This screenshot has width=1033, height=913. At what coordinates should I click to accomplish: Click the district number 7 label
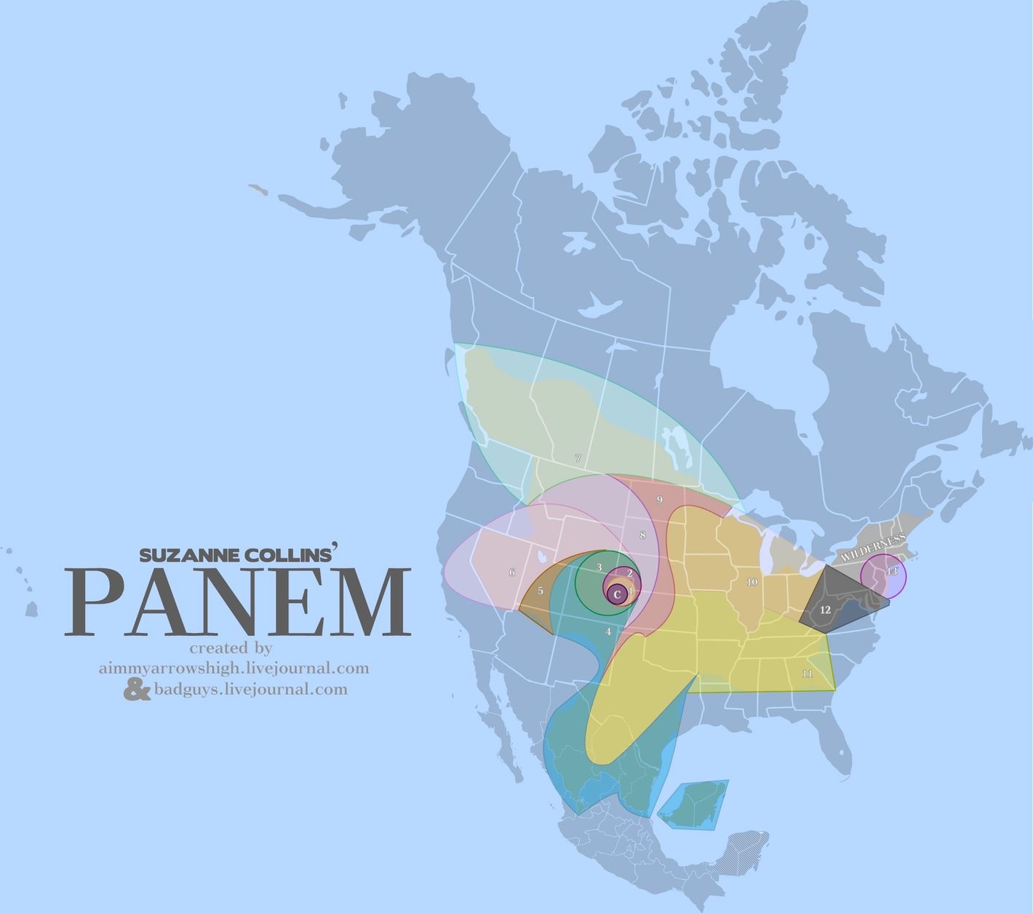click(578, 458)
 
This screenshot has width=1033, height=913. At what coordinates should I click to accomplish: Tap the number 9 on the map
click(659, 500)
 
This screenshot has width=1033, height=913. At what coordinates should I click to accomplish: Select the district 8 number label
click(642, 535)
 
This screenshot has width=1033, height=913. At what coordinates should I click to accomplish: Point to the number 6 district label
click(512, 573)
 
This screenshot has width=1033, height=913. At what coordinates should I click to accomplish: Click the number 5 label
click(540, 591)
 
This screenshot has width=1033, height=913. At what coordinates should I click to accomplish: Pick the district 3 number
click(599, 567)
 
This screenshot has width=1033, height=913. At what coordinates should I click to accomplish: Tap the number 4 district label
click(608, 631)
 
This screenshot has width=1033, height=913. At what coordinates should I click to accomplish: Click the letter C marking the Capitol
click(617, 594)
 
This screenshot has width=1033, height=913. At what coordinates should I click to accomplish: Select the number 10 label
click(751, 582)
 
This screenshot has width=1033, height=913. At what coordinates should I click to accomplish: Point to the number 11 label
click(807, 674)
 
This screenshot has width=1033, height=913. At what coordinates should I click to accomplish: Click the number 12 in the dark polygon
click(825, 610)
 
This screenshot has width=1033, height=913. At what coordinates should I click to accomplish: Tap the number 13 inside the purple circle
click(892, 571)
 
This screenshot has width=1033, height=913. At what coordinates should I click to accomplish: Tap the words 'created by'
click(231, 647)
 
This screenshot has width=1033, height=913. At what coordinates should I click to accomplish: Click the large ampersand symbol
click(137, 689)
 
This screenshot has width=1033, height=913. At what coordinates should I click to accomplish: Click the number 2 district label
click(629, 573)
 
